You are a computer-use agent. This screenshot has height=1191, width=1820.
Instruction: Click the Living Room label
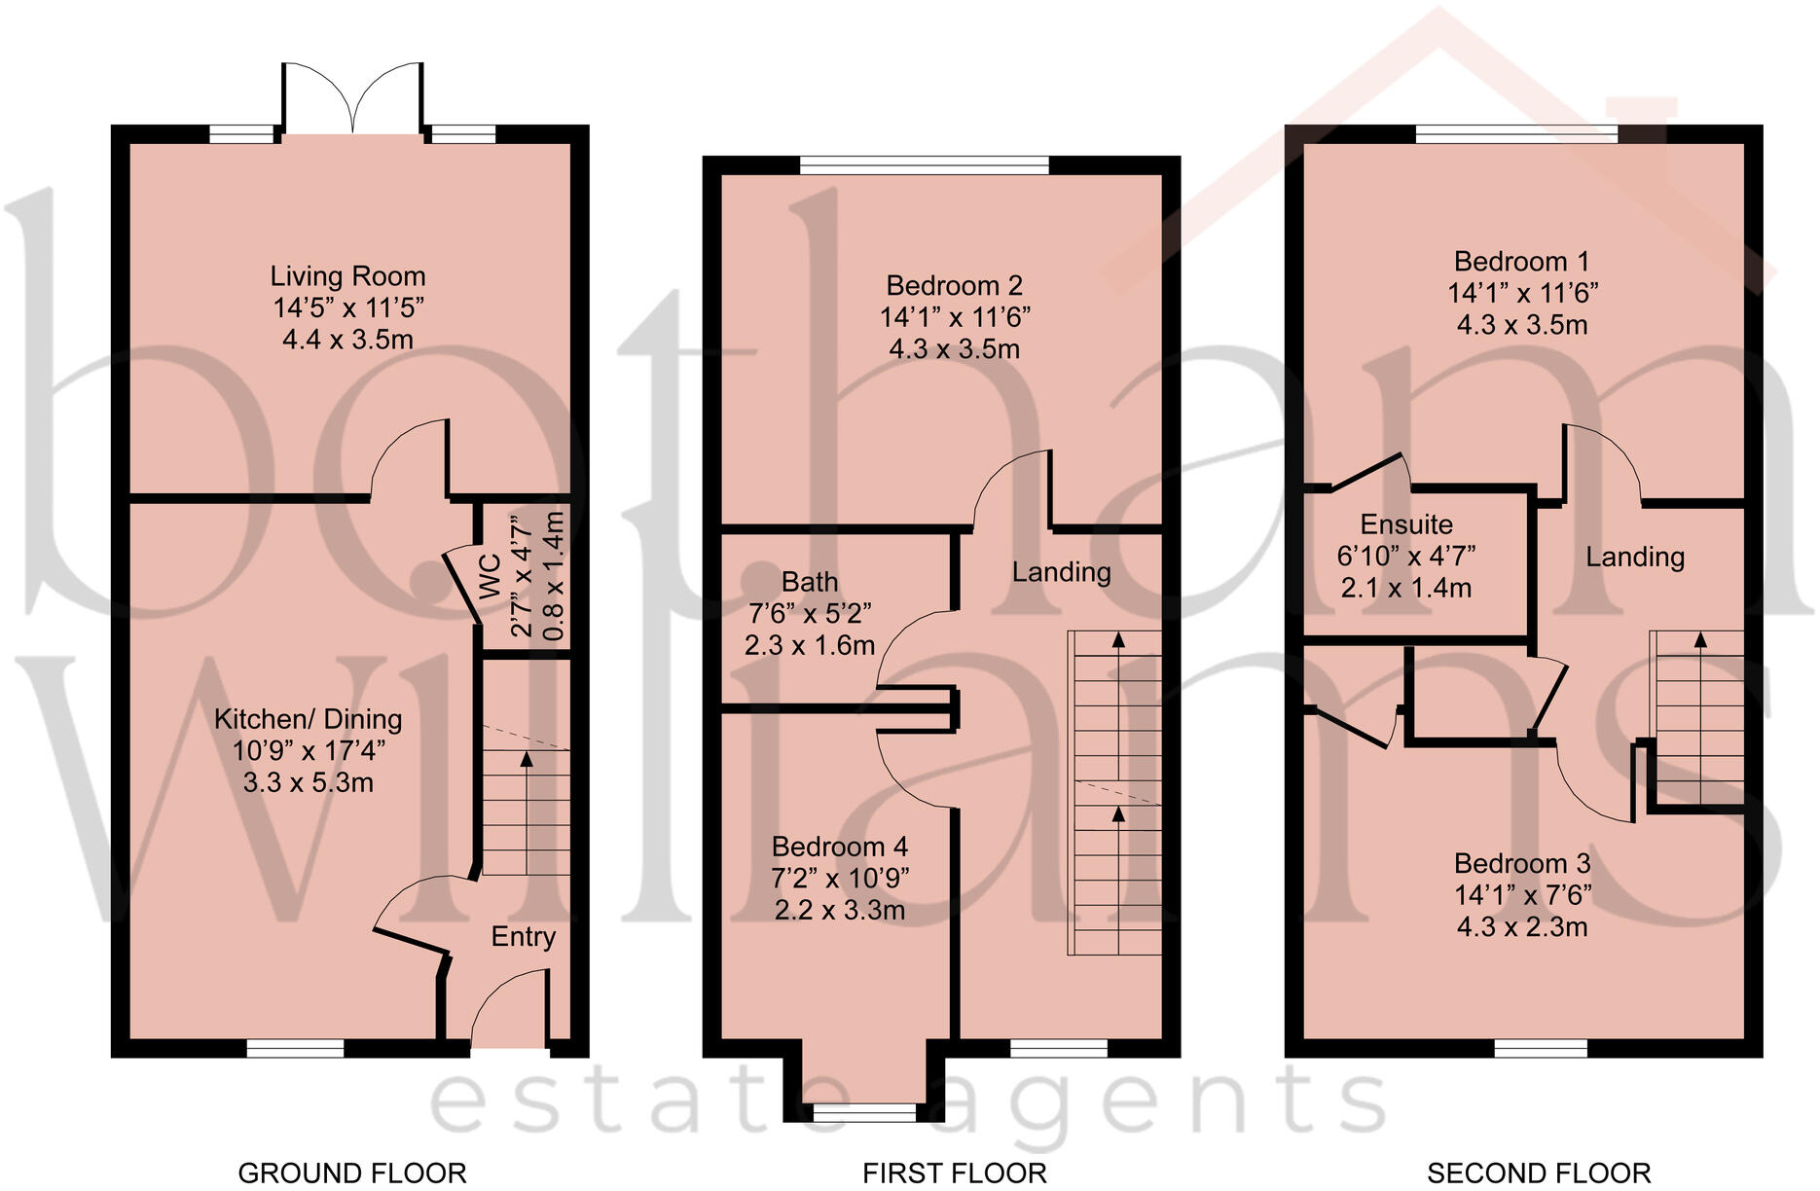tap(347, 276)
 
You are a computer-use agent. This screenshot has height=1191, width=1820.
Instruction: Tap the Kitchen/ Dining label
tap(308, 719)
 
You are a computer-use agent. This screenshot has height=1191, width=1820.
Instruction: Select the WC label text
tap(490, 576)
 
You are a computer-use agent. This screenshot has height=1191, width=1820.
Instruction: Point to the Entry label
tap(523, 936)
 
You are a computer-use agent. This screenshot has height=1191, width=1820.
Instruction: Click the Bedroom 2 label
tap(954, 286)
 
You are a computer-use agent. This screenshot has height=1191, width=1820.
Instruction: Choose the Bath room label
tap(809, 582)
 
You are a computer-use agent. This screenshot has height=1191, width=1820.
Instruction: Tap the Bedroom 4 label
tap(839, 847)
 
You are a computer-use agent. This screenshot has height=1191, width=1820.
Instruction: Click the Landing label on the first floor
tap(1061, 572)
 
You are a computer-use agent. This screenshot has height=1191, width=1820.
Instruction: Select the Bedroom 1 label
tap(1521, 262)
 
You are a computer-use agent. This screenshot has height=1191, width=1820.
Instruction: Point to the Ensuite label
tap(1405, 524)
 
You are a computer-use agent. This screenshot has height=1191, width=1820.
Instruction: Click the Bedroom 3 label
tap(1521, 863)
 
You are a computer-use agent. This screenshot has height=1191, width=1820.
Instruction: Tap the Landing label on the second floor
tap(1634, 557)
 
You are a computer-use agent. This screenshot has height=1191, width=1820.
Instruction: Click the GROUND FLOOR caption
tap(352, 1173)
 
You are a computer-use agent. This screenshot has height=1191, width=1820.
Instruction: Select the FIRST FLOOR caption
tap(954, 1173)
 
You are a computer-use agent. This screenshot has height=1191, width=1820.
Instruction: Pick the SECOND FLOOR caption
tap(1539, 1173)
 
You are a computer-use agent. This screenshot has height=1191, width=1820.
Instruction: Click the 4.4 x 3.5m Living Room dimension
tap(347, 340)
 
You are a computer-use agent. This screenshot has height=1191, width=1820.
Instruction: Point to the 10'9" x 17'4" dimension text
tap(308, 751)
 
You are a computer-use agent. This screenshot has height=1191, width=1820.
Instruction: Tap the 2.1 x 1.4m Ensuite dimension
tap(1405, 588)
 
